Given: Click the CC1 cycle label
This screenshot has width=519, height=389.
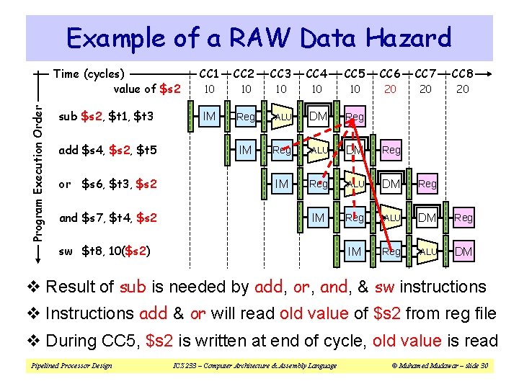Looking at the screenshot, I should point(209,73).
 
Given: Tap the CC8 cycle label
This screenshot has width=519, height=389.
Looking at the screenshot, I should point(463,73).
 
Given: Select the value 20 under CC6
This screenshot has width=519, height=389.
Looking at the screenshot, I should point(390,89).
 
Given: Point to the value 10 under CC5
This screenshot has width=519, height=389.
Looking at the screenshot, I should point(355,89).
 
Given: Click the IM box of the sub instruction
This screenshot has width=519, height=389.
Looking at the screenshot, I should point(210,116).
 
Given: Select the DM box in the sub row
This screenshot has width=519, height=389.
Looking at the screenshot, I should point(318,116).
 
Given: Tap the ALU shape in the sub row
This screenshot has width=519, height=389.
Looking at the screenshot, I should point(282,116).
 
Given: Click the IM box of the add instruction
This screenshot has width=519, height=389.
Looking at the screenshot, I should point(246,150).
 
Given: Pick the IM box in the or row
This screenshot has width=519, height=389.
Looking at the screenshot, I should point(282,184).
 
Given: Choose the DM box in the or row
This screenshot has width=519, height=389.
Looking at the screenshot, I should point(391,184).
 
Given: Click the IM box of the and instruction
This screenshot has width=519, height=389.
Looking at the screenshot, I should point(318,218).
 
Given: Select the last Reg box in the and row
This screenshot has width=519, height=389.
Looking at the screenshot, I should point(463,218).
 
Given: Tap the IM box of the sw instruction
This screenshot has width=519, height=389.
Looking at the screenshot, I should point(354,251).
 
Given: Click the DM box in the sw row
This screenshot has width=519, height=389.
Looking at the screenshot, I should point(463,251).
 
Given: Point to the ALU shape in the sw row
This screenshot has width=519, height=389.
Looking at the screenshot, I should point(427,251).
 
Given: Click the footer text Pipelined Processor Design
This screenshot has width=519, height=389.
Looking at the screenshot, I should point(71,366).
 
